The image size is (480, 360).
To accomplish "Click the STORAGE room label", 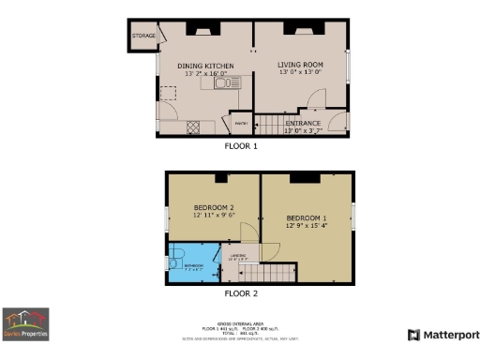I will [x=144, y=36].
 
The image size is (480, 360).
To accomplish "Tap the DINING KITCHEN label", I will [x=205, y=66].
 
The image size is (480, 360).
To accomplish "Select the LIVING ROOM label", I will [x=301, y=65].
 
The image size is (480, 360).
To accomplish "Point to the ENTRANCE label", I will [x=303, y=123].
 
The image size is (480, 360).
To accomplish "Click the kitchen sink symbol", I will [x=225, y=84].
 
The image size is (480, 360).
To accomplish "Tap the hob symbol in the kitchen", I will [x=193, y=127].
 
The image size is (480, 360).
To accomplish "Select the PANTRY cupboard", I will [x=239, y=124].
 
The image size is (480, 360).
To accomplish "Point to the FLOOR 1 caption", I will [x=240, y=146].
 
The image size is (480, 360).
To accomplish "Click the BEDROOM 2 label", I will [x=213, y=207].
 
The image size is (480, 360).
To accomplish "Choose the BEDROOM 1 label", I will [x=307, y=216].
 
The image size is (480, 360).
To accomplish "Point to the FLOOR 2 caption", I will [x=240, y=293].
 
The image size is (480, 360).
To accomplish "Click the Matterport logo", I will [x=442, y=335].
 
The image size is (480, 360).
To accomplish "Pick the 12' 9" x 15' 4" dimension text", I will [x=307, y=225].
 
